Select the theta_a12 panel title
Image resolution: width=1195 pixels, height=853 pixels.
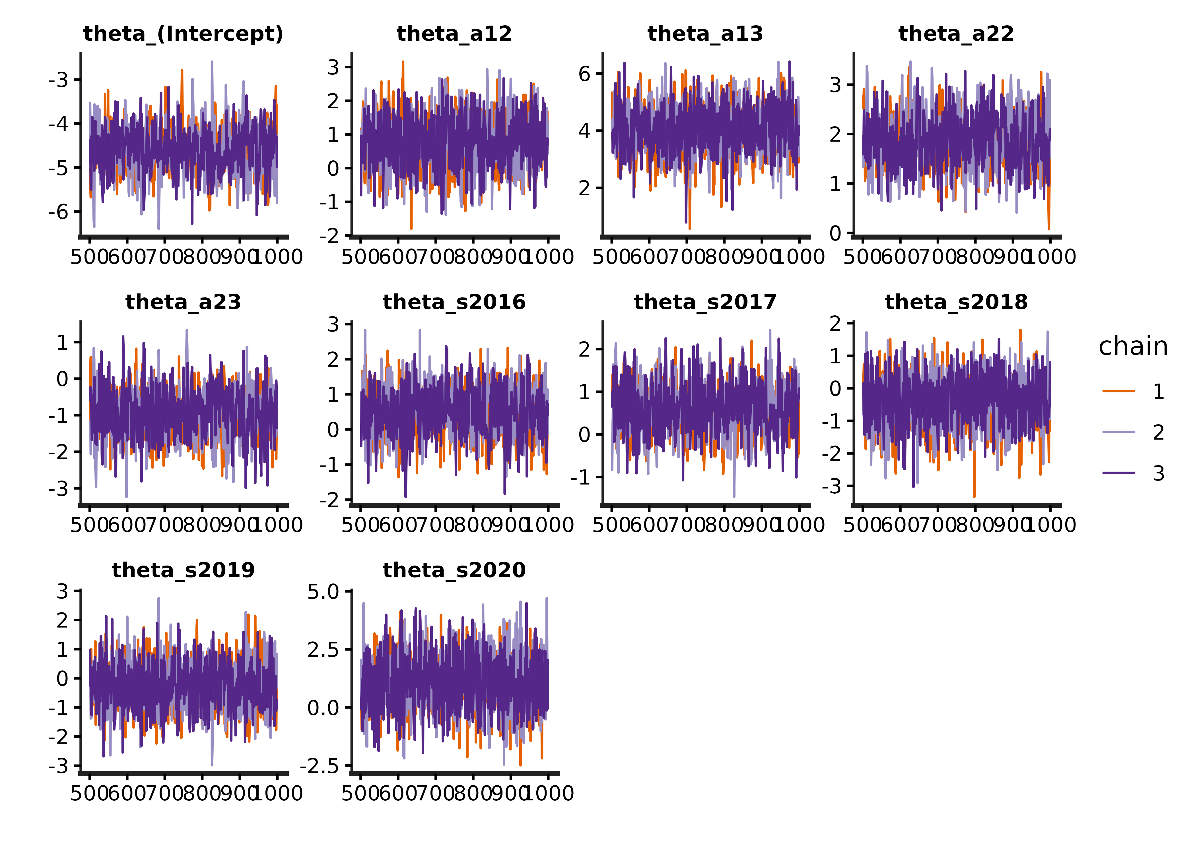coord(454,34)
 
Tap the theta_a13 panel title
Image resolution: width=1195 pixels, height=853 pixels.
coord(705,34)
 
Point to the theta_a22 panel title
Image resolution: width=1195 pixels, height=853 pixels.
coord(956,34)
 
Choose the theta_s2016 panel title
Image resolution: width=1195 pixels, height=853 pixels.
coord(454,302)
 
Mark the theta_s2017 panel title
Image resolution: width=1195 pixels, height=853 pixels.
coord(705,302)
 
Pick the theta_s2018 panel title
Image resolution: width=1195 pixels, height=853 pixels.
coord(956,302)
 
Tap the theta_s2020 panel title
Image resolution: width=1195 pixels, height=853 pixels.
coord(454,570)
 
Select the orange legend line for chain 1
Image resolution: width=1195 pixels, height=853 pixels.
coord(1119,391)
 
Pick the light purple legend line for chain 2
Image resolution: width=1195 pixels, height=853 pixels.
coord(1119,432)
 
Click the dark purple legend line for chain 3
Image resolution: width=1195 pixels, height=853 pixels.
coord(1119,473)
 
